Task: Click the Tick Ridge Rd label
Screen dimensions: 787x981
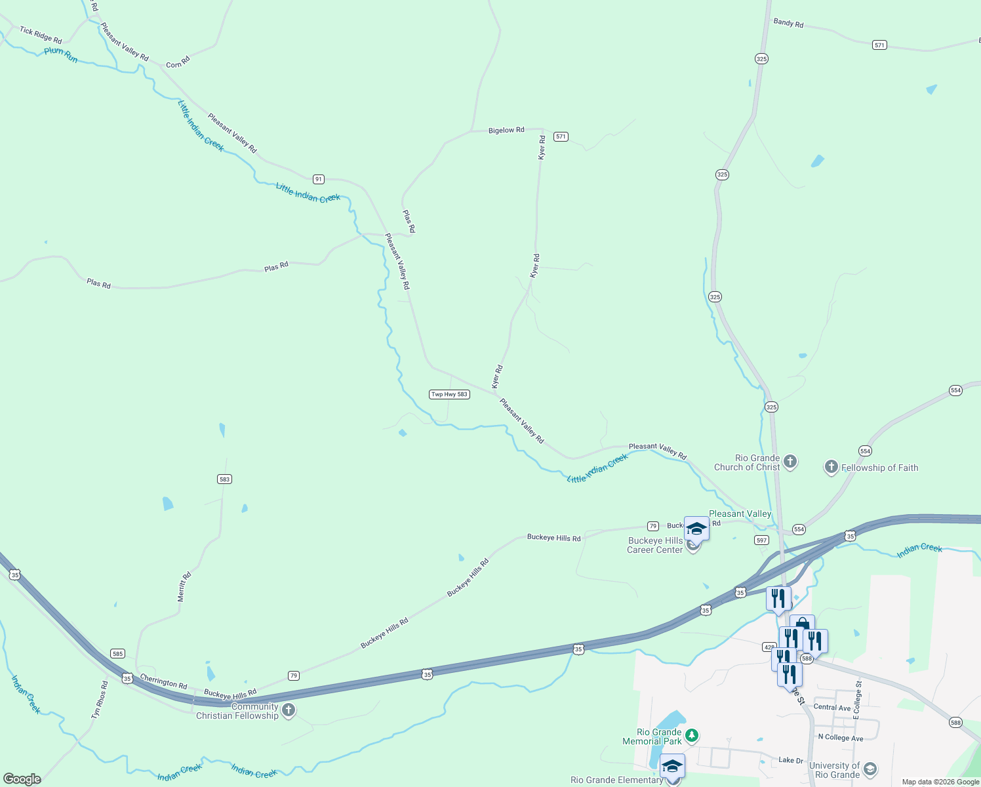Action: click(x=41, y=35)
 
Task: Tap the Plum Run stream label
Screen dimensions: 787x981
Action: click(x=61, y=55)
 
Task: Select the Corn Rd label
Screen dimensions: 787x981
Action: click(x=178, y=62)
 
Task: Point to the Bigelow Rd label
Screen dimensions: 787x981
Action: click(x=506, y=131)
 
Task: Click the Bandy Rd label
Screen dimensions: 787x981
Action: click(x=788, y=23)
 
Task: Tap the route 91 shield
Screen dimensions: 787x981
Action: click(x=318, y=179)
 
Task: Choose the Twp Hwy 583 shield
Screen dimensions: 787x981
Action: click(x=449, y=394)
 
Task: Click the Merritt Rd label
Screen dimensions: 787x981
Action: click(x=184, y=587)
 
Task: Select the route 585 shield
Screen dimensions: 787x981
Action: click(x=117, y=654)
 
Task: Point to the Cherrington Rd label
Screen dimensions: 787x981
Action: click(x=163, y=681)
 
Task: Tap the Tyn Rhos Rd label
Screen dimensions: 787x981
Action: click(x=100, y=700)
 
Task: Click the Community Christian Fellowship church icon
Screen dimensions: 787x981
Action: click(x=288, y=711)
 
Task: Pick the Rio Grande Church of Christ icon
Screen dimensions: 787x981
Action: click(x=790, y=462)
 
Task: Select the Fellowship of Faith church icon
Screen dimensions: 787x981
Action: click(x=831, y=467)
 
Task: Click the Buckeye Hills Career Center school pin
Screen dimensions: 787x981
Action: click(x=696, y=529)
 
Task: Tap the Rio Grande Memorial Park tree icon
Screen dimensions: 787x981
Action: click(x=691, y=736)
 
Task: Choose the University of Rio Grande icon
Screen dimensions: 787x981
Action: click(x=870, y=769)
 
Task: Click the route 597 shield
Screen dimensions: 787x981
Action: click(x=761, y=540)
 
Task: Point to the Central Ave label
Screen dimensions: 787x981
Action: click(x=832, y=708)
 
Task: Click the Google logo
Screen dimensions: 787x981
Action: click(x=22, y=779)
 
